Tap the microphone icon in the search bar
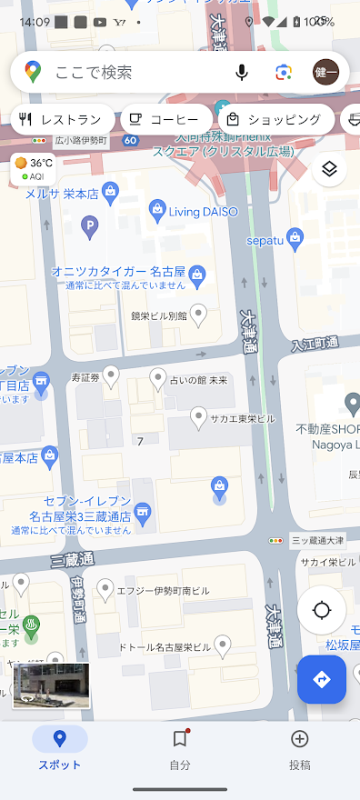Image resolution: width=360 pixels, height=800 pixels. point(242,73)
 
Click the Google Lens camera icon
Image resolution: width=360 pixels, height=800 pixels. point(284,73)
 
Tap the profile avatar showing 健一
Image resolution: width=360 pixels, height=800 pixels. point(325,73)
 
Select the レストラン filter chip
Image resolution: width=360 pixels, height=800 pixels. point(62,119)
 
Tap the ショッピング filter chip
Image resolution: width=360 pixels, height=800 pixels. point(275,119)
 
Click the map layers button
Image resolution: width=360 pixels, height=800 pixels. point(329,169)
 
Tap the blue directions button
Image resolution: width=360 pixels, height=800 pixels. point(321,679)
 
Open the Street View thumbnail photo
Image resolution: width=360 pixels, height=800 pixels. point(51,685)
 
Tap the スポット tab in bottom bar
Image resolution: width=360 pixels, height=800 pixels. point(60,749)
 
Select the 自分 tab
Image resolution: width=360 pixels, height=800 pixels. point(180,749)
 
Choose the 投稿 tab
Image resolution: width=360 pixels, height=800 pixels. point(299,749)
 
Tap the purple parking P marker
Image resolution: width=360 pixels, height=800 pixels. point(89,225)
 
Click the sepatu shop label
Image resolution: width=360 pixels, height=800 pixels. point(266,240)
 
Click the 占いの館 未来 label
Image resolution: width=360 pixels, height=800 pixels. point(198,379)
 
